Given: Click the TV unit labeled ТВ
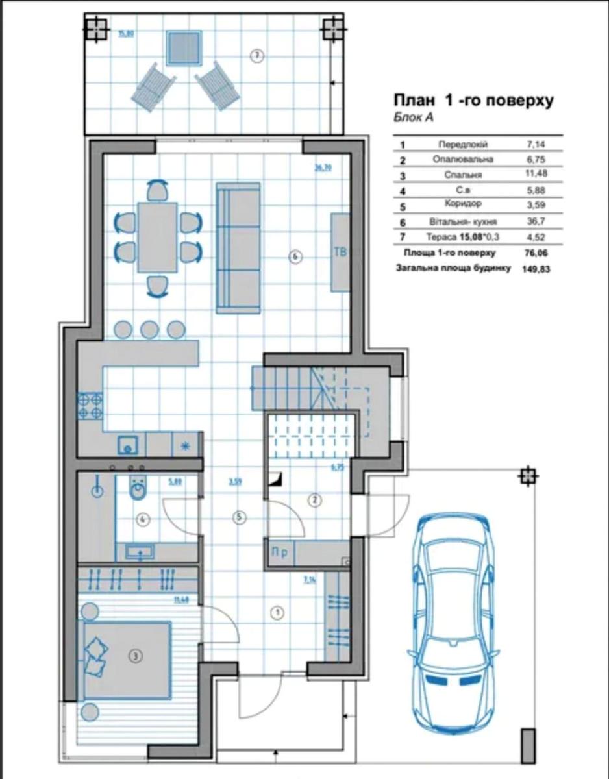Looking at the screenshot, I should [340, 253].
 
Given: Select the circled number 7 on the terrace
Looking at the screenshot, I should [257, 56].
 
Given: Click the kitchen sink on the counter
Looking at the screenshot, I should [127, 445].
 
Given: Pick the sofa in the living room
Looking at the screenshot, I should [237, 247].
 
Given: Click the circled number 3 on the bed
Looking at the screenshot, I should [135, 656].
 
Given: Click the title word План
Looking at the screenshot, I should [414, 101].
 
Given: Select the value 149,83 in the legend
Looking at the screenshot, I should [536, 268].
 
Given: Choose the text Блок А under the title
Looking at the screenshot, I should [413, 118].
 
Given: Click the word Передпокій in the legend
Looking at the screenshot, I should [463, 144].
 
